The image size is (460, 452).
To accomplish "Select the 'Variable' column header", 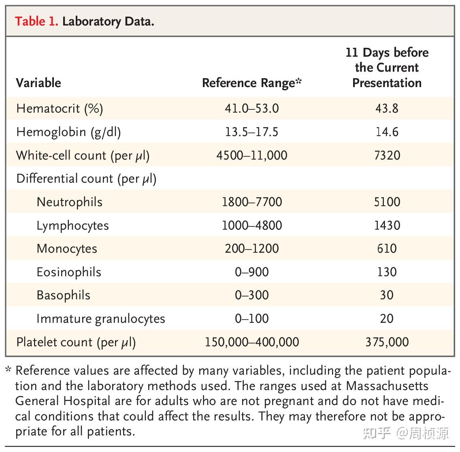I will (x=38, y=83).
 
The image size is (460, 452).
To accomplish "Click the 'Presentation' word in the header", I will (x=387, y=83).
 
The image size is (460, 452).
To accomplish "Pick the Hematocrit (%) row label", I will (x=60, y=109).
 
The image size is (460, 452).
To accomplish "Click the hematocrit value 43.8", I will (x=387, y=109).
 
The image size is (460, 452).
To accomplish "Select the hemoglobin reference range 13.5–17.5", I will (x=251, y=132).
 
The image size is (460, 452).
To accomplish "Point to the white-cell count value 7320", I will (x=387, y=156).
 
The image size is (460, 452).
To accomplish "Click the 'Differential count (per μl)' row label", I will (x=86, y=179).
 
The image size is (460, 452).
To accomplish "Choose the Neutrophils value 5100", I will (x=387, y=202).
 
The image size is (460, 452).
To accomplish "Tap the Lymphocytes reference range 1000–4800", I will (x=251, y=226).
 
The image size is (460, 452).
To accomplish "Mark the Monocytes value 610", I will (x=387, y=249).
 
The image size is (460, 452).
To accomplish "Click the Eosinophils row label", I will (x=69, y=272).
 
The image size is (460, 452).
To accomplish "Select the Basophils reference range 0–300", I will (x=251, y=295).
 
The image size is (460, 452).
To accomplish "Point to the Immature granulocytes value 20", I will (x=387, y=319).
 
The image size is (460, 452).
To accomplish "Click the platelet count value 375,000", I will (x=387, y=342).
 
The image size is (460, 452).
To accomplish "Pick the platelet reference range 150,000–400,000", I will (x=251, y=342).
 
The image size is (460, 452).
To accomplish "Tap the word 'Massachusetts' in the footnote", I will (x=387, y=386).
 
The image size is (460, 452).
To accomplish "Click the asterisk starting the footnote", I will (x=9, y=370).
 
